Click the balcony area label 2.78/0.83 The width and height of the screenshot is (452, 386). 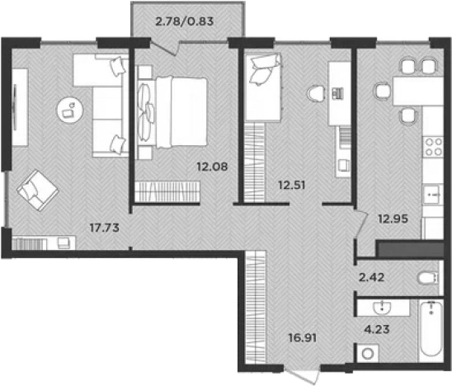click(185, 21)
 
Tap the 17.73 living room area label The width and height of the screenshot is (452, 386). click(105, 228)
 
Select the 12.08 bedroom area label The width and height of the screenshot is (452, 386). click(212, 167)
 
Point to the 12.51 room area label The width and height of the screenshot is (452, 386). click(292, 185)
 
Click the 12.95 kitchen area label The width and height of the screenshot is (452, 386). click(393, 219)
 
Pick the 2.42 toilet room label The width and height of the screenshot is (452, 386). click(371, 277)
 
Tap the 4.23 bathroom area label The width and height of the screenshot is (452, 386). click(377, 329)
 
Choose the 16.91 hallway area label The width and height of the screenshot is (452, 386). click(303, 337)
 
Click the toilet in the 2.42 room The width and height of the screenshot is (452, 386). click(428, 279)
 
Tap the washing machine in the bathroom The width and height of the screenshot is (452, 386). click(368, 353)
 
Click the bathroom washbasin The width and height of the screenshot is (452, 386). click(382, 308)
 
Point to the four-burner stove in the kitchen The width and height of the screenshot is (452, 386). click(434, 147)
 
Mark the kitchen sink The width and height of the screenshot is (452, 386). click(433, 195)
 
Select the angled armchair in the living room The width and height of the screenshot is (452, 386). click(37, 190)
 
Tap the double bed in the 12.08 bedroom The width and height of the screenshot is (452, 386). click(172, 112)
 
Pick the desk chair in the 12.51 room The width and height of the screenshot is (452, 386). click(317, 94)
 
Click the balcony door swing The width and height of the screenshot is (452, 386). click(165, 48)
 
